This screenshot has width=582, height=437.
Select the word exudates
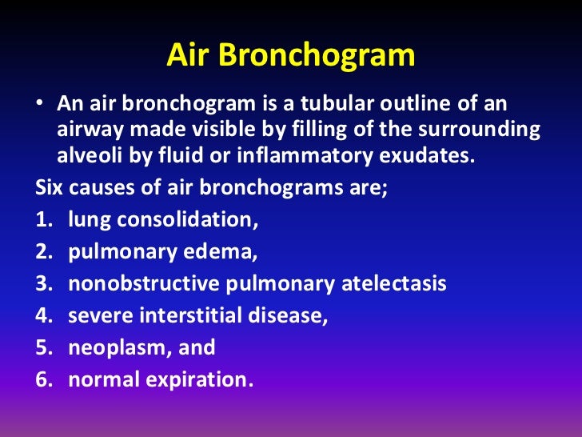coord(429,154)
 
